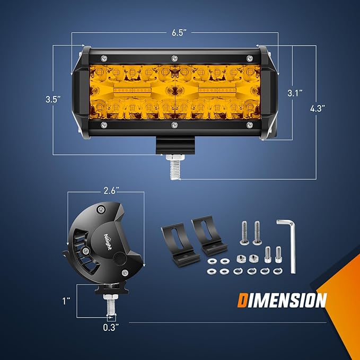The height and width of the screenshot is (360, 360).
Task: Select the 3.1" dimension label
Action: [x=295, y=93]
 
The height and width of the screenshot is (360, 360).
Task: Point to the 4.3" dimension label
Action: [x=318, y=108]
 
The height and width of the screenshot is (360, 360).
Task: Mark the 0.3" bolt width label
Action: [x=111, y=327]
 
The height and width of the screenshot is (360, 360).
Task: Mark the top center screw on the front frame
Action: [x=174, y=57]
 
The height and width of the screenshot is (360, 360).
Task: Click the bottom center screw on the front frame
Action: [x=174, y=125]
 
